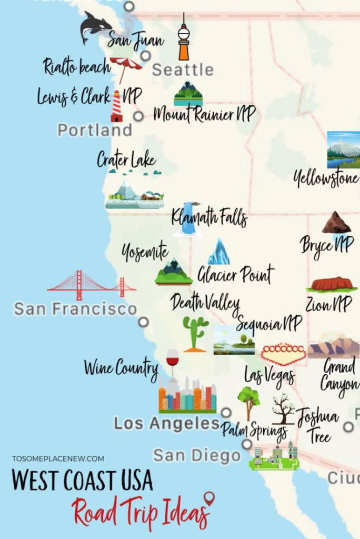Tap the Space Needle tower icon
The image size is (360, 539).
(183, 37)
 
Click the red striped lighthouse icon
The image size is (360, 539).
(117, 107)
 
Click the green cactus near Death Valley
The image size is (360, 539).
(195, 333)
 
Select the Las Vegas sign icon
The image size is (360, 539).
(283, 354)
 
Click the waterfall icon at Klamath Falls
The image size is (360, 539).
(187, 219)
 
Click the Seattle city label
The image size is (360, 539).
(183, 70)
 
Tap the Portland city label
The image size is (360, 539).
(94, 130)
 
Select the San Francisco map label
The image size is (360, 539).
(75, 308)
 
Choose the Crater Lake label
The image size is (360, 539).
(126, 159)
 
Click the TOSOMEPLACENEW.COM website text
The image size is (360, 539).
(58, 458)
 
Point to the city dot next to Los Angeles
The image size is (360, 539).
(226, 413)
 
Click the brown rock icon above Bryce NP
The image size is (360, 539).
(336, 223)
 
